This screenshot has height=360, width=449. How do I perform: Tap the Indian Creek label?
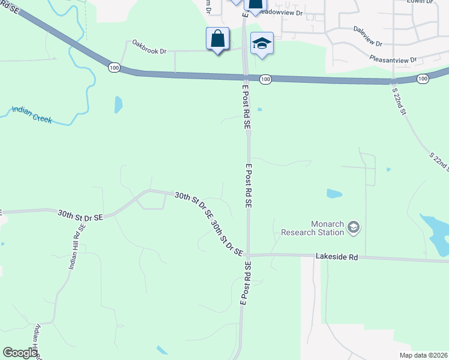click(x=31, y=115)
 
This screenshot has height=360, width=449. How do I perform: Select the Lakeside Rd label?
click(x=337, y=257)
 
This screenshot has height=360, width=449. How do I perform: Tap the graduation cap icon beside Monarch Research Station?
click(x=354, y=227)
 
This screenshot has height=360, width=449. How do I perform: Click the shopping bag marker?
click(x=217, y=40)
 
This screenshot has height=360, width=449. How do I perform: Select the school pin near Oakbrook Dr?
click(x=262, y=43)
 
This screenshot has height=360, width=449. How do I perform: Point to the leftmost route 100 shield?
click(x=114, y=67)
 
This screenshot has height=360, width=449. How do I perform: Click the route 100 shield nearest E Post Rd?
click(x=265, y=79)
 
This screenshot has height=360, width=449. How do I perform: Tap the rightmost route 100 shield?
click(x=423, y=79)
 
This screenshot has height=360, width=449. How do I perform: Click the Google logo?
click(x=20, y=353)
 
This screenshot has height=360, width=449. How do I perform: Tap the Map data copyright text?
click(x=423, y=355)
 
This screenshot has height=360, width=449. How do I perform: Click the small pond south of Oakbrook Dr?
click(x=118, y=104)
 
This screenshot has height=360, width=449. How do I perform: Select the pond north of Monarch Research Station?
click(x=334, y=194)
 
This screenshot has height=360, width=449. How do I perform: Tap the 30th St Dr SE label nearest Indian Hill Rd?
click(x=80, y=214)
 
